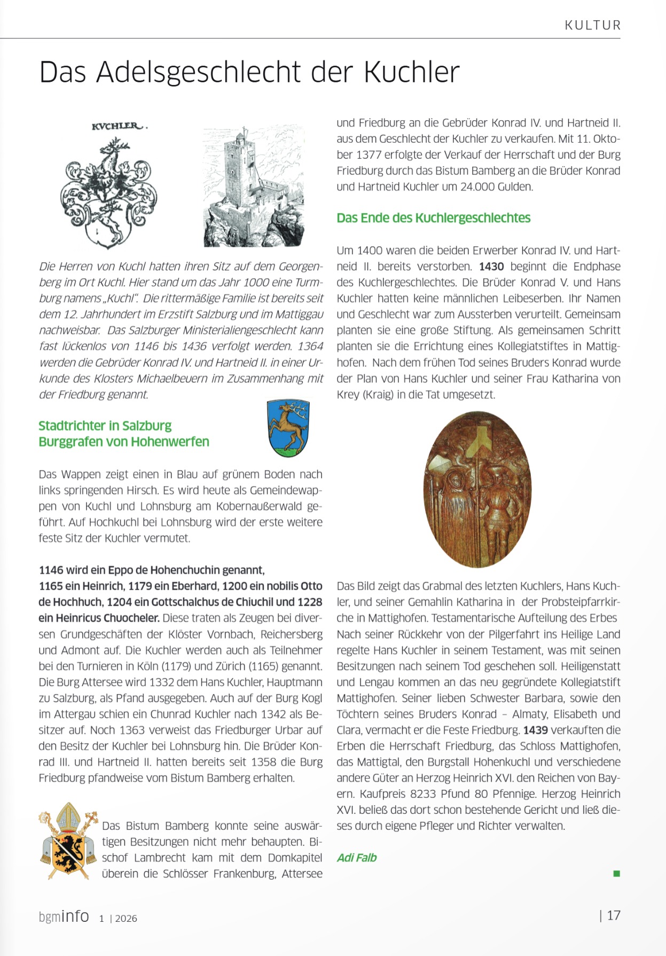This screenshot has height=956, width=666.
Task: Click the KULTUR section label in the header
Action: coord(592,25)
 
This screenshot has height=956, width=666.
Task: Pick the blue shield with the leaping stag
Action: coord(288,428)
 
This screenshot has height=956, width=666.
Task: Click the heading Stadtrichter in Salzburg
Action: coord(105,426)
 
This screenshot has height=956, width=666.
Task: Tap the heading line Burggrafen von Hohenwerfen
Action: coord(124,442)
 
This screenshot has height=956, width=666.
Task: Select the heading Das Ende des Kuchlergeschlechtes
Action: coord(433,218)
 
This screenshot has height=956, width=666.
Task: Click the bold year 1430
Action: coord(491,267)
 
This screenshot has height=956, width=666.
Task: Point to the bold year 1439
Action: coord(535,730)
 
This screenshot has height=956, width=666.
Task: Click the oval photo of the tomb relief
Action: coord(477,489)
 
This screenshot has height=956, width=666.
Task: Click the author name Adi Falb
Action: coord(357,858)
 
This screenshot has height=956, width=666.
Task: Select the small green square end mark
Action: coord(616,874)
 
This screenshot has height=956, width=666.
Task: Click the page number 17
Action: coord(614,915)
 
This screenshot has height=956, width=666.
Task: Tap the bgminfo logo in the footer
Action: coord(64,916)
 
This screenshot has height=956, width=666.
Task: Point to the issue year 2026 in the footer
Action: coord(126,919)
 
